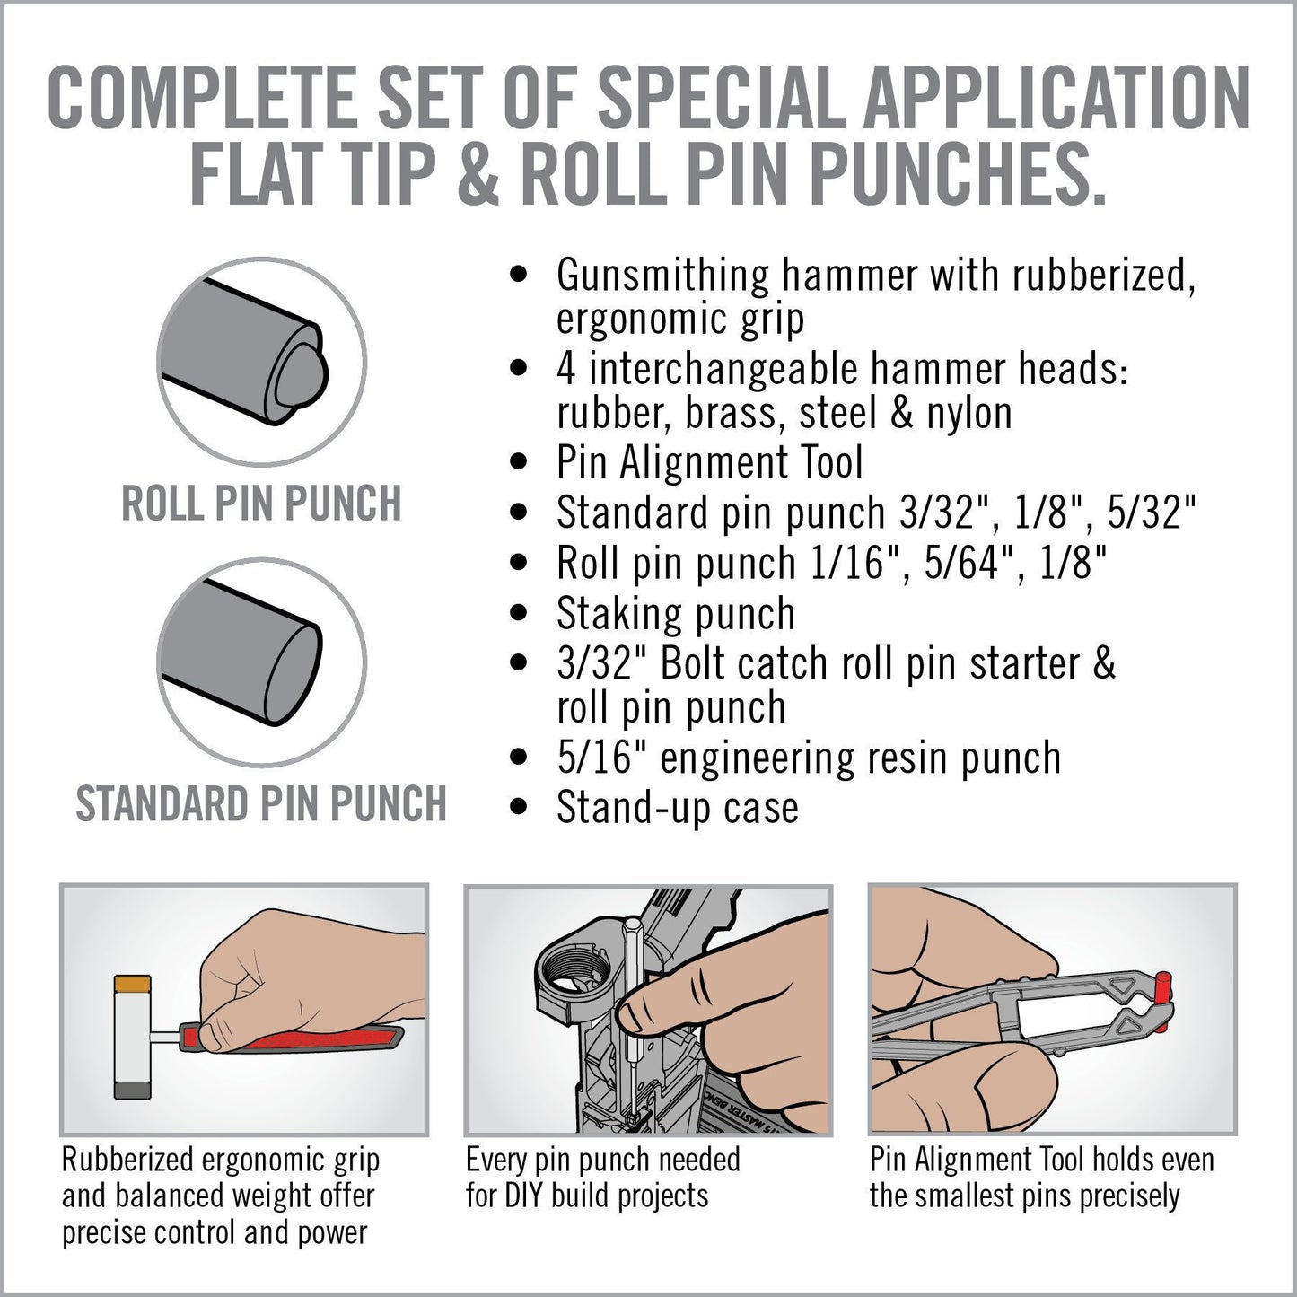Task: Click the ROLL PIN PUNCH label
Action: tap(261, 504)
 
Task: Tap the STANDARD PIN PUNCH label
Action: tap(261, 803)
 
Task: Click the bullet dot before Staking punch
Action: tap(518, 614)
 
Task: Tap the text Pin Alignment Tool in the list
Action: tap(709, 462)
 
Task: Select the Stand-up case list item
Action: tap(677, 807)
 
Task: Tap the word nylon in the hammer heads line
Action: tap(969, 413)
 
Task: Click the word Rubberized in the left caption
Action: tap(127, 1160)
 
